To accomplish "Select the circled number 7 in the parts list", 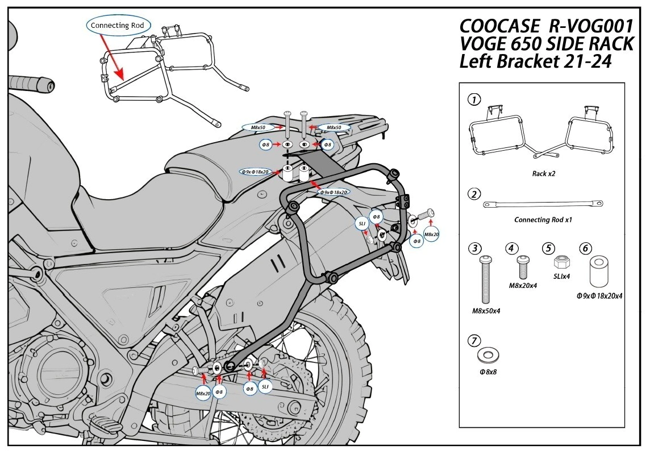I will (472, 341).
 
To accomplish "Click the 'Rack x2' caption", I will (543, 174).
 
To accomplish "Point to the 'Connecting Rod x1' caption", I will (543, 220).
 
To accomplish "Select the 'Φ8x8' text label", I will (487, 373).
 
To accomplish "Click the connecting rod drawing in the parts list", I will (543, 203).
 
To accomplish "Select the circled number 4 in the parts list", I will (513, 248).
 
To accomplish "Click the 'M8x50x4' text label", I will (486, 311).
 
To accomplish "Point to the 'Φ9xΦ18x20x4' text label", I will (599, 296).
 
